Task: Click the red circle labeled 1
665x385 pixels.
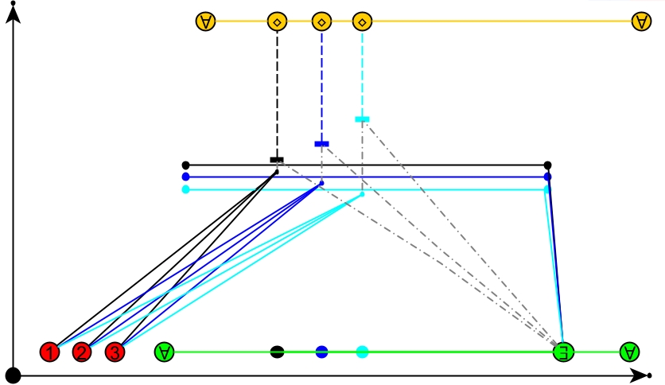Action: tap(49, 352)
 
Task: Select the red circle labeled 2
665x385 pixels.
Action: tap(82, 352)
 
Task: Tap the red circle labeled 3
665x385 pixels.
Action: tap(115, 352)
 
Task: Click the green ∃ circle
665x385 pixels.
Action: tap(564, 352)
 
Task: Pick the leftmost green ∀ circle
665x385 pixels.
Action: tap(164, 352)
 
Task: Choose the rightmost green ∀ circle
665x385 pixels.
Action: tap(629, 352)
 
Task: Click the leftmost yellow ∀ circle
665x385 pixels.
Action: tap(206, 21)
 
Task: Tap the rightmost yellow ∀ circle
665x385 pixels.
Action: tap(641, 21)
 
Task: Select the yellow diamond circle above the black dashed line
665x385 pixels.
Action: tap(278, 21)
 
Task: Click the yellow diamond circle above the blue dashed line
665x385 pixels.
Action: tap(322, 21)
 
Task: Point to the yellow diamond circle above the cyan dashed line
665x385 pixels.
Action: tap(362, 21)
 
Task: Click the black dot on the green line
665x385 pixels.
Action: tap(277, 352)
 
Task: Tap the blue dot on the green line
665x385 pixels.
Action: tap(322, 352)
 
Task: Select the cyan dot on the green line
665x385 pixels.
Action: tap(362, 352)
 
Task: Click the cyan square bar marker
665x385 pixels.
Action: tap(362, 119)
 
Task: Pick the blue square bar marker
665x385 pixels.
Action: tap(321, 144)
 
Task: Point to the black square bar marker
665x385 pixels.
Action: tap(277, 160)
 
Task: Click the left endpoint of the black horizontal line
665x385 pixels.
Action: tap(185, 165)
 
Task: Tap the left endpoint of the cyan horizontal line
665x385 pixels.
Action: tap(185, 189)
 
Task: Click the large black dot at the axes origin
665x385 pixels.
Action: tap(14, 375)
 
